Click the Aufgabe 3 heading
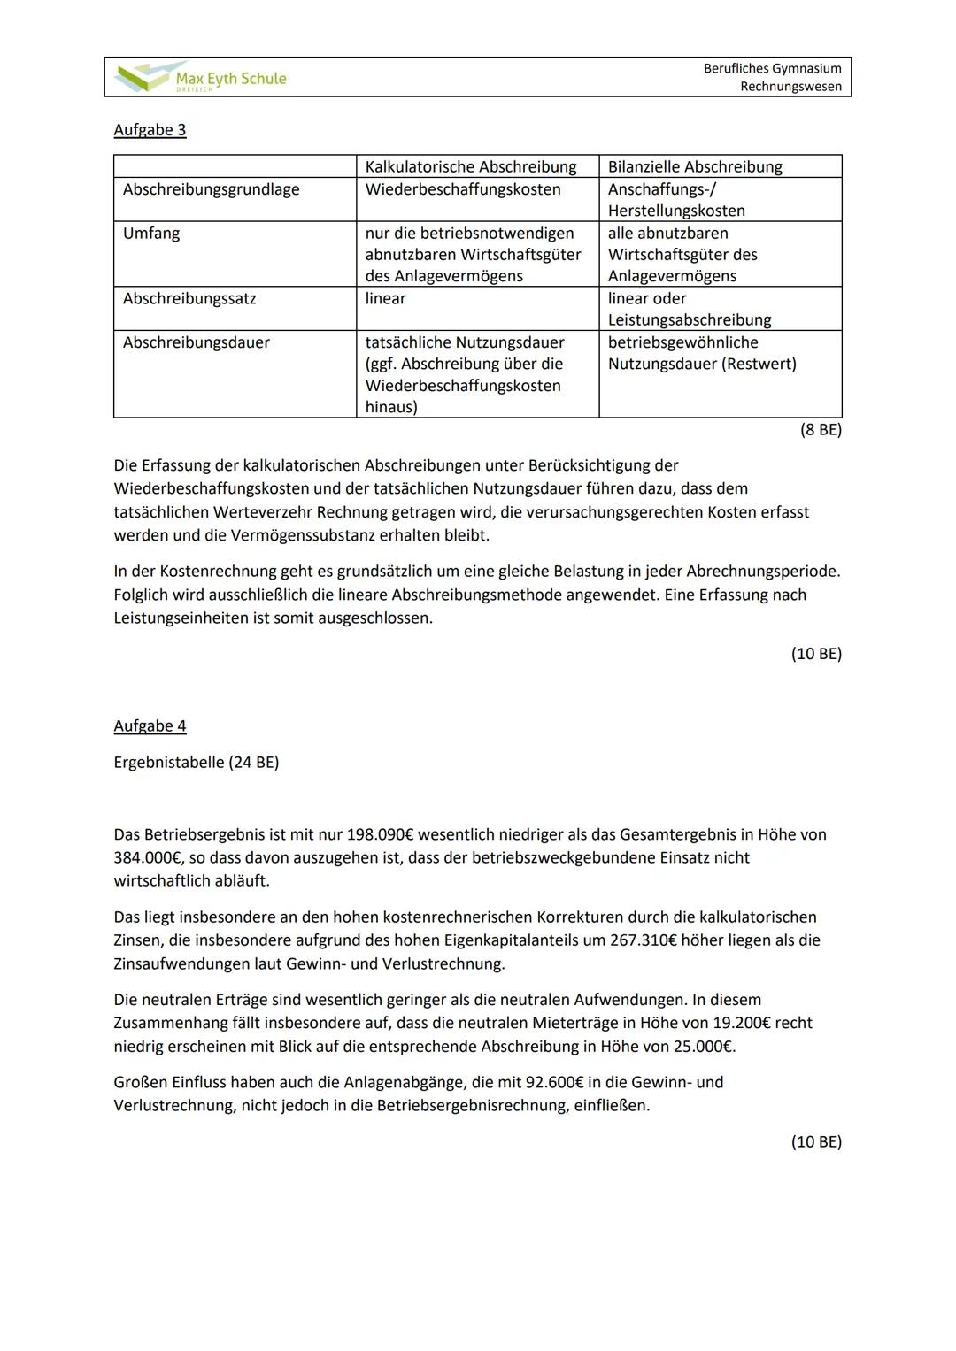(x=150, y=130)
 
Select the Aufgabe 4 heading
(x=150, y=726)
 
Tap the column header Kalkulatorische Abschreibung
(x=470, y=166)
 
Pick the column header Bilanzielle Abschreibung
(x=695, y=166)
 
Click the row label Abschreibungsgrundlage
(x=211, y=189)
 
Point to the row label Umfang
(x=151, y=234)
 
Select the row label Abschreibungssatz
(x=189, y=299)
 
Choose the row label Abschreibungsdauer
(x=196, y=342)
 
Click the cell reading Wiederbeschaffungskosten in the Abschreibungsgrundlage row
(x=462, y=189)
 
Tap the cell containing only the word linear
(x=385, y=299)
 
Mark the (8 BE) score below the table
(x=821, y=430)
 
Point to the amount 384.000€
(x=146, y=857)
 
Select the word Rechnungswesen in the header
(x=790, y=87)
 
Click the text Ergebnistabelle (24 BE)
(x=197, y=763)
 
